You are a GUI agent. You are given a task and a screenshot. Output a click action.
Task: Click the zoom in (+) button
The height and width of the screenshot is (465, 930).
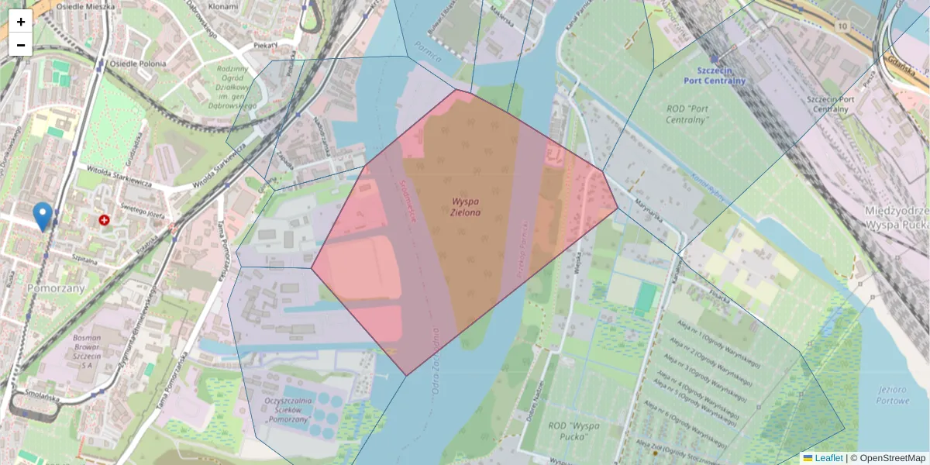pos(20,22)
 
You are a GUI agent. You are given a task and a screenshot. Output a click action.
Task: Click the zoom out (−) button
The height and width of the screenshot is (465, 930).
pos(20,45)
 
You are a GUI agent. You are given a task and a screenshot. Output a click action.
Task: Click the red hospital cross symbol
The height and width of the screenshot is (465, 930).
pos(104,220)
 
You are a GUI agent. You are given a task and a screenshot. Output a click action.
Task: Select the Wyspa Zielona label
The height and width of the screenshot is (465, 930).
pos(466,206)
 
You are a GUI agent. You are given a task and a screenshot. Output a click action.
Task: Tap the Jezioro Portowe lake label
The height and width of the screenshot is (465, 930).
pos(883,395)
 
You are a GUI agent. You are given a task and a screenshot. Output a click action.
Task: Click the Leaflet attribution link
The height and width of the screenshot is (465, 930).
pos(828,458)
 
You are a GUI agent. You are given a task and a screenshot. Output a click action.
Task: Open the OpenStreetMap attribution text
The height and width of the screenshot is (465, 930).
pos(892,458)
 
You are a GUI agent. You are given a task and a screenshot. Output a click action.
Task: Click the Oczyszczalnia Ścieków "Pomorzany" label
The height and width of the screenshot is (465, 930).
pos(288,409)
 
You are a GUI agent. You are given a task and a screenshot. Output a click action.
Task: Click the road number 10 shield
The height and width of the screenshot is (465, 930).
pos(842,26)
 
